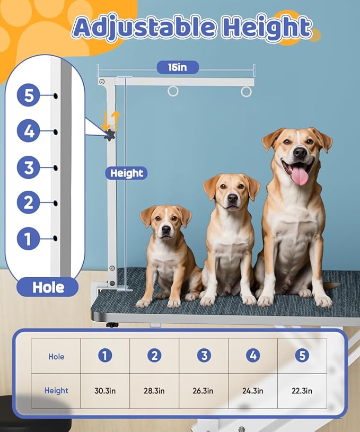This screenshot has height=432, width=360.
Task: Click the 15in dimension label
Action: point(178,67)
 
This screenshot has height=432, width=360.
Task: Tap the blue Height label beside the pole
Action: point(126,173)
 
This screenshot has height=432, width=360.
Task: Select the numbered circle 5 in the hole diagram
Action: point(29,95)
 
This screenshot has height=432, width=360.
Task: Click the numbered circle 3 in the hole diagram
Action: point(29,167)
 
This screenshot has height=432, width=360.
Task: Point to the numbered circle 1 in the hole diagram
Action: point(29,239)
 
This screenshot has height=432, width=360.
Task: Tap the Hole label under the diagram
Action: point(48,287)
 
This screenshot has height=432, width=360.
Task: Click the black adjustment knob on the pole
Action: point(110,135)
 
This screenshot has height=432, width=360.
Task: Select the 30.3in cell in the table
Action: point(105,391)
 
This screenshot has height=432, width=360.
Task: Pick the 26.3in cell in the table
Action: point(204,391)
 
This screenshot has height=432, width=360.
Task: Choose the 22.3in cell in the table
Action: point(302,391)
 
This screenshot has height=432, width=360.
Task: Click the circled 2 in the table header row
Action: point(154,356)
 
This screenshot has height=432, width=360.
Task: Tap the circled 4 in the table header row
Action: point(253,356)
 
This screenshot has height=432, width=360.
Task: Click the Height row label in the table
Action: point(56,391)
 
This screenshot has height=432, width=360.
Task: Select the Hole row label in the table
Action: point(56,357)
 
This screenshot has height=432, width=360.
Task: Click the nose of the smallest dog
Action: point(166,229)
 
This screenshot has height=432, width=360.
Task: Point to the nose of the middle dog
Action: point(233,198)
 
